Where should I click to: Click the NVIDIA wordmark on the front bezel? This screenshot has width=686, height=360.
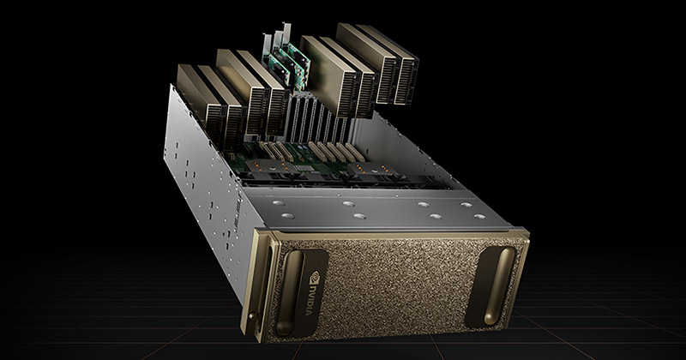(309, 299)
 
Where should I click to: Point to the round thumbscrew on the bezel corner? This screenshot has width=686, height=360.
(251, 315)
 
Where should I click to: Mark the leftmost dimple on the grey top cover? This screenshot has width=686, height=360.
(278, 203)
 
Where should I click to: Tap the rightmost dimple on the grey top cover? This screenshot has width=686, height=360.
(479, 216)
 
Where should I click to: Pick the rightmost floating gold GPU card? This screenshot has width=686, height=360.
(394, 63)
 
